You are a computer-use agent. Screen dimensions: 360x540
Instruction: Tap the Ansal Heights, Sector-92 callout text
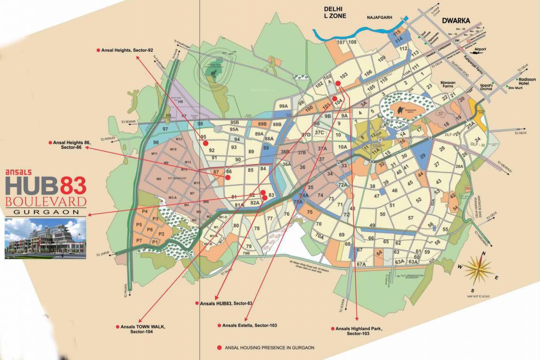(127, 50)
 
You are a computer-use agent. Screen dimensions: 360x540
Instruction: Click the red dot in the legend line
(219, 348)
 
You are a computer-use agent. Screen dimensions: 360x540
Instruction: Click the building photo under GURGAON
(45, 238)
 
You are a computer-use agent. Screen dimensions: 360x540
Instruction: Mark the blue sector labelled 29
(422, 156)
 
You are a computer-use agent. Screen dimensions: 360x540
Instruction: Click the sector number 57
(411, 218)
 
